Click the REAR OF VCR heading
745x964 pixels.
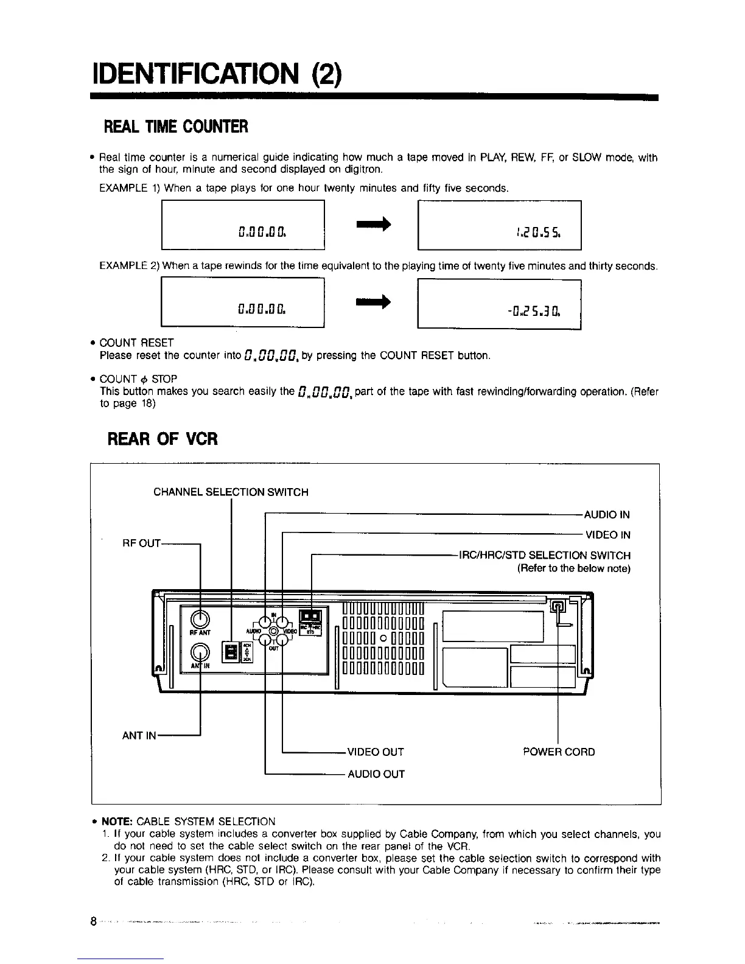tap(162, 438)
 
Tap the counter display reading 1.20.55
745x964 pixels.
tap(499, 225)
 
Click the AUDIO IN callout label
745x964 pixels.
tap(607, 515)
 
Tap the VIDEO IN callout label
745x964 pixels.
tap(607, 535)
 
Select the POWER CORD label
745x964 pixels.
tap(559, 752)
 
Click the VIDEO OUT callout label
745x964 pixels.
tap(375, 752)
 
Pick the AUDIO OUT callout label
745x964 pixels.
tap(376, 774)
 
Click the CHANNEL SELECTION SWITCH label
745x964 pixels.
tap(231, 492)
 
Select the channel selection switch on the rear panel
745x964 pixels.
tap(231, 652)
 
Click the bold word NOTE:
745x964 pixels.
tap(117, 822)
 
